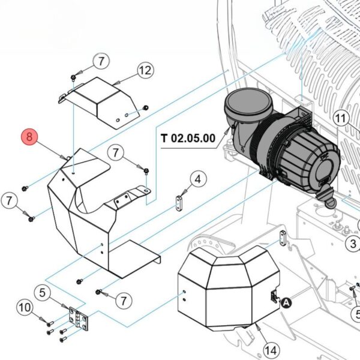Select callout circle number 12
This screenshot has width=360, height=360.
145,71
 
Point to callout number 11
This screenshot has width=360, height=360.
341,118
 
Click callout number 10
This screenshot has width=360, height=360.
24,308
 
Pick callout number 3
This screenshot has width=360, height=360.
353,243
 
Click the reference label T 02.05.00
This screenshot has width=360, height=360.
188,137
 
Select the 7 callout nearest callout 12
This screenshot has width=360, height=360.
101,61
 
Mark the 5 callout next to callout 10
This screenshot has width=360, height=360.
42,293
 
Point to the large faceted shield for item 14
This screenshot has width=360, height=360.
228,288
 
